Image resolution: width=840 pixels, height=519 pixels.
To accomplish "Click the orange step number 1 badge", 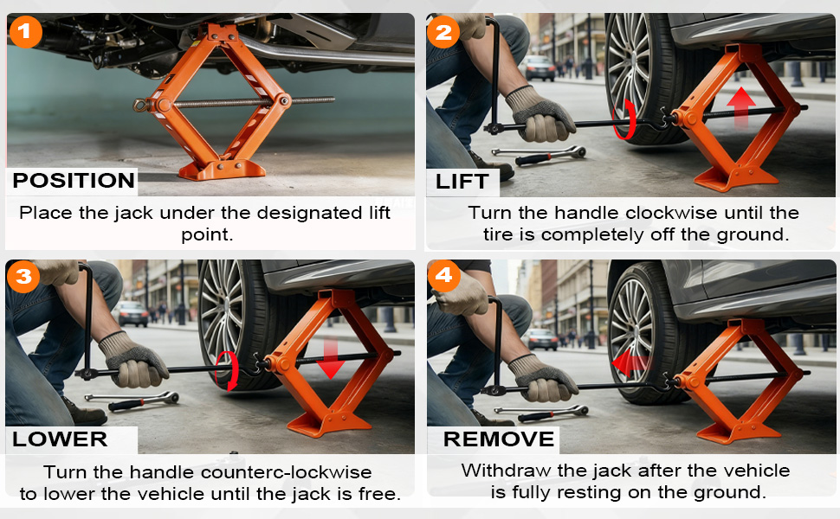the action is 24,31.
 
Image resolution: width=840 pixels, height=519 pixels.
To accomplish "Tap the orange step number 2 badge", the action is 443,32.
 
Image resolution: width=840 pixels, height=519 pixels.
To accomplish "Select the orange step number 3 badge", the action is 23,276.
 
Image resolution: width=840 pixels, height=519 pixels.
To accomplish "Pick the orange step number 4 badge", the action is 443,276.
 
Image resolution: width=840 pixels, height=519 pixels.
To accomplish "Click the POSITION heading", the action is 74,181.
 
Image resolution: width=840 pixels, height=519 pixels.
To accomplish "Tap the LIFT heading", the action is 462,182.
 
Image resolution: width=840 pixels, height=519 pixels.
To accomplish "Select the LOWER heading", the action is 60,439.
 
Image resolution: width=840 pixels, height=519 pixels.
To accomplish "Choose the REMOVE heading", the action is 499,439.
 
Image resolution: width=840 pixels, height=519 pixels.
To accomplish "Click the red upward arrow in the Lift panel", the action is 741,107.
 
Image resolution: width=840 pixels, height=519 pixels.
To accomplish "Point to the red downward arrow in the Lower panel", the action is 330,358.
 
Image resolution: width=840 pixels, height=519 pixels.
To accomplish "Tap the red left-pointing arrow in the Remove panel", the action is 630,364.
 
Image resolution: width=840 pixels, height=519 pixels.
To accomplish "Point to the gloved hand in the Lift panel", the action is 539,115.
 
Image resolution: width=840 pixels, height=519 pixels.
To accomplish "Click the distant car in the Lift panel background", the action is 539,68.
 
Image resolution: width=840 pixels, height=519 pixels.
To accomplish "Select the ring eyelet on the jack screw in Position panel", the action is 141,105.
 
